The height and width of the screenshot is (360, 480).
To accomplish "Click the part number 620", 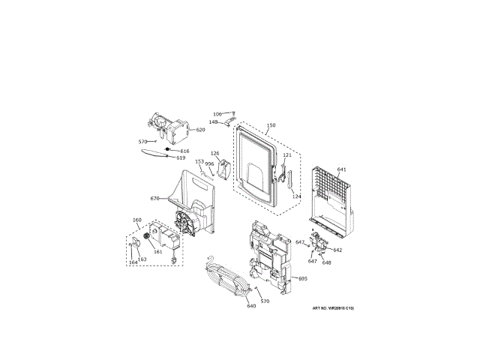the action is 200,130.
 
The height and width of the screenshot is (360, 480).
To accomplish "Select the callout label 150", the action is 271,125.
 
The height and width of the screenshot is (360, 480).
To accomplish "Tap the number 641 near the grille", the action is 341,169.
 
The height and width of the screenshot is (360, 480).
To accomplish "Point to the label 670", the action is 154,199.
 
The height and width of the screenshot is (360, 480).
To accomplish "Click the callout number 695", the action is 303,279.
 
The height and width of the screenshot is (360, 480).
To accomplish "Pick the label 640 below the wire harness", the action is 251,306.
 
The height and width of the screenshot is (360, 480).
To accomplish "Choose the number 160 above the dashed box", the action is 136,220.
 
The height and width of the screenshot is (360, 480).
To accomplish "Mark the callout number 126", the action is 214,154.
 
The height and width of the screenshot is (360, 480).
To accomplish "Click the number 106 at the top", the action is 217,114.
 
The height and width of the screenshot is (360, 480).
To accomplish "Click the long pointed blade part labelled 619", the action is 153,154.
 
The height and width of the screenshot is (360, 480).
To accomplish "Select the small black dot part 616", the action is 168,150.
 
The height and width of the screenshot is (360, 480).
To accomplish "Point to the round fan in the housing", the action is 181,222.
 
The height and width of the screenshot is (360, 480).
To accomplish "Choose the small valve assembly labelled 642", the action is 320,244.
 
